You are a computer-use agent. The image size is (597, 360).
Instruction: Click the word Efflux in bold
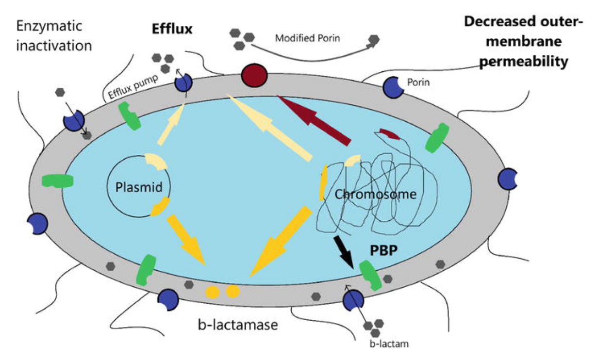[x=171, y=29]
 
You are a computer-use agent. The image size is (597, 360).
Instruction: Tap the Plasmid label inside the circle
[x=138, y=188]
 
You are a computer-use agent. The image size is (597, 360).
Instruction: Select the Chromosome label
[x=376, y=194]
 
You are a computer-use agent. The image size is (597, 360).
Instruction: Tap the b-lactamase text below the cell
[x=238, y=324]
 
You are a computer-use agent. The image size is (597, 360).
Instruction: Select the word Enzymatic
[x=49, y=26]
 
